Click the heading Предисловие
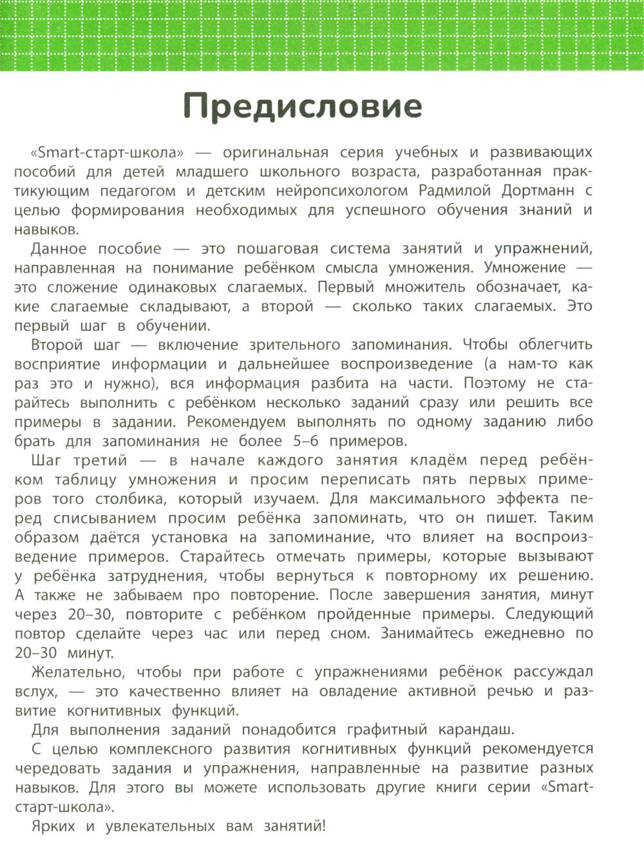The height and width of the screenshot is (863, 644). (x=303, y=106)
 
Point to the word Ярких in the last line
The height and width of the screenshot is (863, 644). (x=53, y=826)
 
